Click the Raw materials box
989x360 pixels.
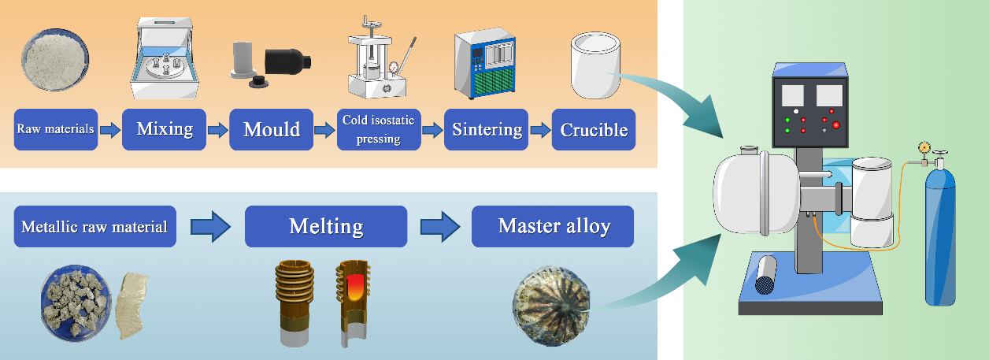pyautogui.click(x=56, y=129)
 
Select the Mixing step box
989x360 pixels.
pyautogui.click(x=165, y=129)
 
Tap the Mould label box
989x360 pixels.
pyautogui.click(x=272, y=129)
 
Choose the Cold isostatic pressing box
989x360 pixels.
pyautogui.click(x=379, y=129)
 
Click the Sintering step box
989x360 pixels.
pyautogui.click(x=486, y=129)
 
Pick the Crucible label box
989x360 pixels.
pyautogui.click(x=594, y=129)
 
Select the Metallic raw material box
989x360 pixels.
pyautogui.click(x=95, y=226)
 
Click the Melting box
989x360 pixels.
pyautogui.click(x=326, y=226)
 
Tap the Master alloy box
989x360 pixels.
pyautogui.click(x=553, y=226)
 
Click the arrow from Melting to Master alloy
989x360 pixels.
pyautogui.click(x=439, y=227)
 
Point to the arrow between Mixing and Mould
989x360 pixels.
pyautogui.click(x=217, y=130)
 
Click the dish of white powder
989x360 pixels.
pyautogui.click(x=55, y=60)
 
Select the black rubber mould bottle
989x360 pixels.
pyautogui.click(x=288, y=61)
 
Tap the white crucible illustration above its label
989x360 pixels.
pyautogui.click(x=595, y=65)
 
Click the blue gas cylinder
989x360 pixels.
pyautogui.click(x=940, y=234)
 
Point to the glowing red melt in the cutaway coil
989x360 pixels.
pyautogui.click(x=354, y=288)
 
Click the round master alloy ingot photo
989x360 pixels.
pyautogui.click(x=551, y=306)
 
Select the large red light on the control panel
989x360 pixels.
pyautogui.click(x=835, y=125)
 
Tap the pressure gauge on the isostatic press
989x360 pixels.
pyautogui.click(x=394, y=67)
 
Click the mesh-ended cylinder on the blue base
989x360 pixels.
pyautogui.click(x=765, y=275)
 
